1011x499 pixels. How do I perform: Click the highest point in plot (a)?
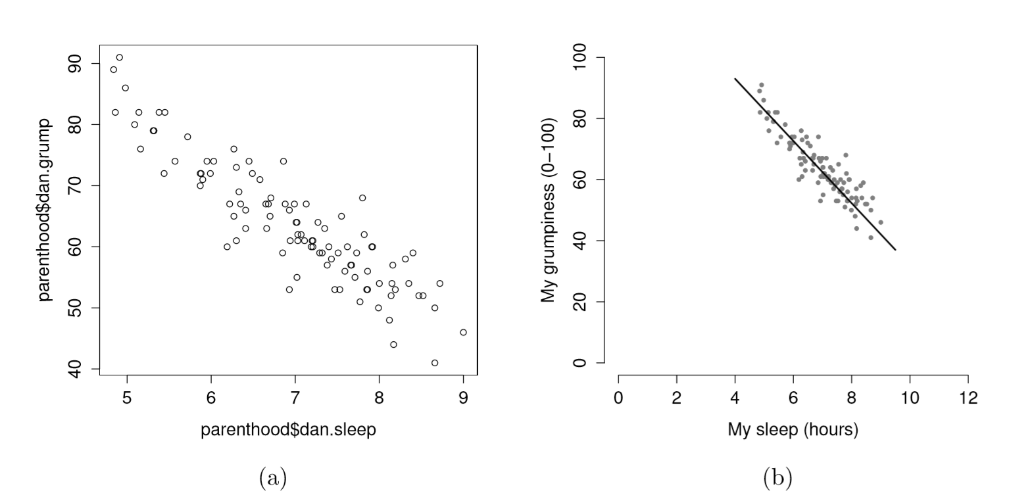(x=119, y=57)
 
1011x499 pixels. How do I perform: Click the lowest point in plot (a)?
(x=435, y=363)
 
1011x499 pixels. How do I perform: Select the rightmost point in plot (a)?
(x=464, y=332)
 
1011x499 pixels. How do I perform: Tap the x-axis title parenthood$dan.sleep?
(x=288, y=430)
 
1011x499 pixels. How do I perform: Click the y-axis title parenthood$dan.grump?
(x=44, y=210)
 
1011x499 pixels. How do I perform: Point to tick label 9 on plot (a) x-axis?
(x=464, y=397)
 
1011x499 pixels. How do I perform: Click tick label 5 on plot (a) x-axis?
(x=126, y=397)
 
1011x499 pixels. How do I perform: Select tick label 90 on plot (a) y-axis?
(x=74, y=63)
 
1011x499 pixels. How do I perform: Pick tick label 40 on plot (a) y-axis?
(x=74, y=369)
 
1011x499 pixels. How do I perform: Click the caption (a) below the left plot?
(x=273, y=477)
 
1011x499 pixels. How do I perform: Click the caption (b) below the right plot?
(x=778, y=477)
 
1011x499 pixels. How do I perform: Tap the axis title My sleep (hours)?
(x=793, y=430)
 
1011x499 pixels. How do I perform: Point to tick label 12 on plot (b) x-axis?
(x=967, y=398)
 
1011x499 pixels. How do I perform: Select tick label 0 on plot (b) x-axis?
(x=618, y=398)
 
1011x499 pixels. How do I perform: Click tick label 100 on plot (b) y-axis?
(x=579, y=58)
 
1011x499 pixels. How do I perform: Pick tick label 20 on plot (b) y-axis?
(x=579, y=302)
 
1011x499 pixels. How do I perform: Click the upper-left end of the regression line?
(x=735, y=79)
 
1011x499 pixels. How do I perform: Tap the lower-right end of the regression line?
(x=895, y=250)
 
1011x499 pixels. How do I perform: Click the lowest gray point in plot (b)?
(x=870, y=237)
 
